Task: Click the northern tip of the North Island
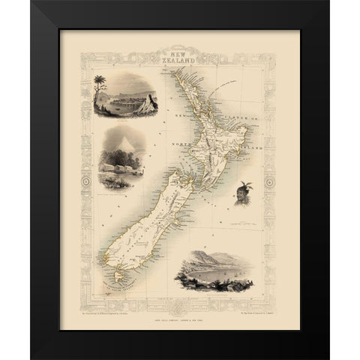coord(172,73)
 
